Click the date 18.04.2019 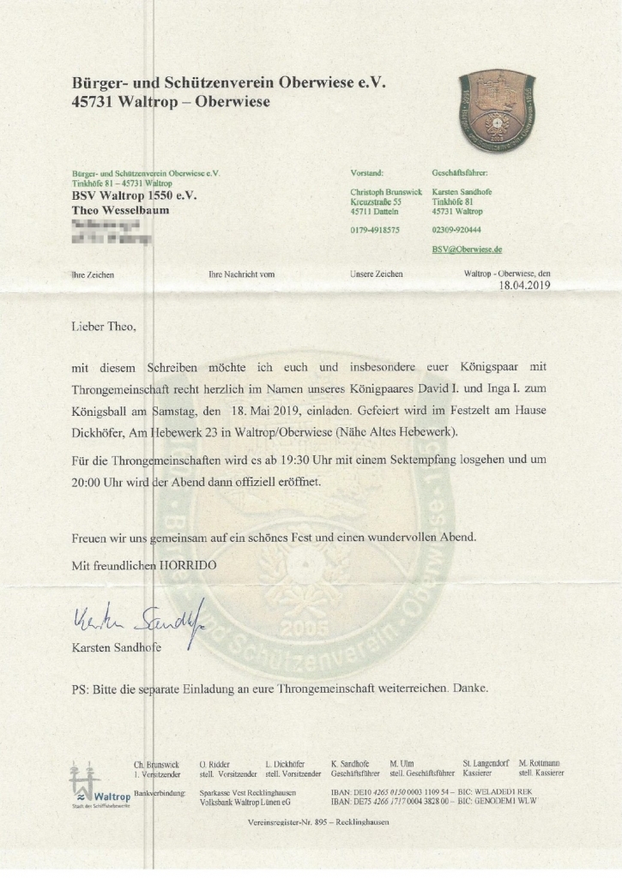pyautogui.click(x=524, y=286)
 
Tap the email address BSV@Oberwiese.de pyautogui.click(x=467, y=249)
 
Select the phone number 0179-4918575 pyautogui.click(x=375, y=230)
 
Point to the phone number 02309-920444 pyautogui.click(x=456, y=230)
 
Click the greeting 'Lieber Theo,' pyautogui.click(x=104, y=327)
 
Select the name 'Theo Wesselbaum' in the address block pyautogui.click(x=121, y=209)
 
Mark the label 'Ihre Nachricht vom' pyautogui.click(x=241, y=274)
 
